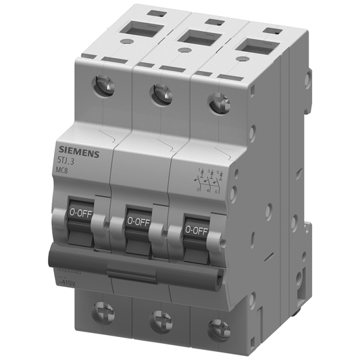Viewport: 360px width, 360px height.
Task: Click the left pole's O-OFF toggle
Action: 81,214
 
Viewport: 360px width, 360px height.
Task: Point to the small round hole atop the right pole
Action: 240,59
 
